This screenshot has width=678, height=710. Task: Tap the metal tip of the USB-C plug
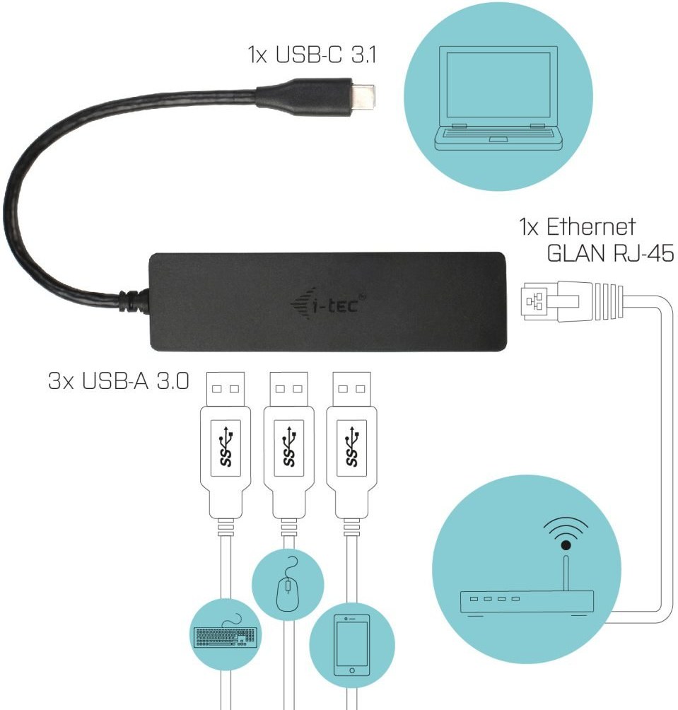tap(363, 97)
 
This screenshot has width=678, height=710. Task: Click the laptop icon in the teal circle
tap(498, 98)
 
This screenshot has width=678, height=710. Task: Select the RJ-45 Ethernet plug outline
tap(573, 301)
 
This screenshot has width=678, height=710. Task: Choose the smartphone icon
tap(351, 645)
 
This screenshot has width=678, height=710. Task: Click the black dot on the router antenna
tap(566, 545)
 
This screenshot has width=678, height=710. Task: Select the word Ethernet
tap(590, 226)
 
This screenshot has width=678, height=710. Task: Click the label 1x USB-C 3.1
tap(312, 54)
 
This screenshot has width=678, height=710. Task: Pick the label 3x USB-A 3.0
tap(119, 380)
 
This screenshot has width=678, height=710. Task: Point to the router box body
tap(527, 602)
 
